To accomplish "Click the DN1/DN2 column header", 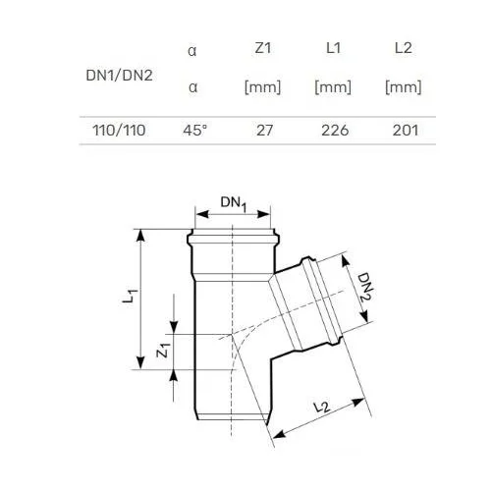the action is pos(119,76).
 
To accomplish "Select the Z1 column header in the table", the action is pos(263,48).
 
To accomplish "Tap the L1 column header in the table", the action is pos(333,48).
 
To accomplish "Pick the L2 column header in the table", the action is pos(404,48).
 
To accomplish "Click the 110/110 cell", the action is pos(119,131).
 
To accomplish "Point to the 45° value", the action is pos(195,131).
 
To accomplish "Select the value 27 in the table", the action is pos(264,131).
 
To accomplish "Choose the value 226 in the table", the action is pos(335,131).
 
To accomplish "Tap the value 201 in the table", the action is pos(406,131).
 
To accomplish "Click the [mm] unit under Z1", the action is pos(263,87).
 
